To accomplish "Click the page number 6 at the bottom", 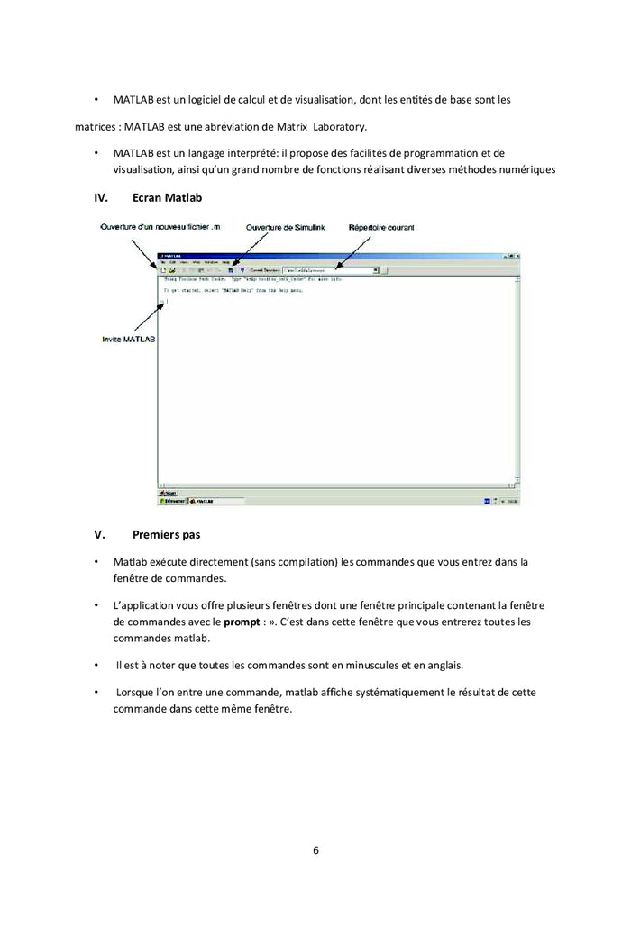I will click(x=315, y=849).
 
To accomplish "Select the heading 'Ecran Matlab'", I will click(x=167, y=197).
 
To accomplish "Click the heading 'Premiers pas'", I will click(x=166, y=534).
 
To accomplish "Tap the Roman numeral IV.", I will click(x=102, y=197).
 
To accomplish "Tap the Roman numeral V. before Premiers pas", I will click(x=100, y=534).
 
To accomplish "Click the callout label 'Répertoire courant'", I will click(x=381, y=228).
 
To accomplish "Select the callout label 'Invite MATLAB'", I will click(x=128, y=340).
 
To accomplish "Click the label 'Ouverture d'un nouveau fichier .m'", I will click(x=159, y=227).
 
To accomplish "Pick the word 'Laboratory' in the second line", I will click(x=339, y=126).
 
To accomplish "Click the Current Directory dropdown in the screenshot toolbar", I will click(x=330, y=269).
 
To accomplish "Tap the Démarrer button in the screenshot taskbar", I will click(x=172, y=501).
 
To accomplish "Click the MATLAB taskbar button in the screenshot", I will click(x=203, y=501).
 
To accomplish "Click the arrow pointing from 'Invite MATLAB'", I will click(x=149, y=318).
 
